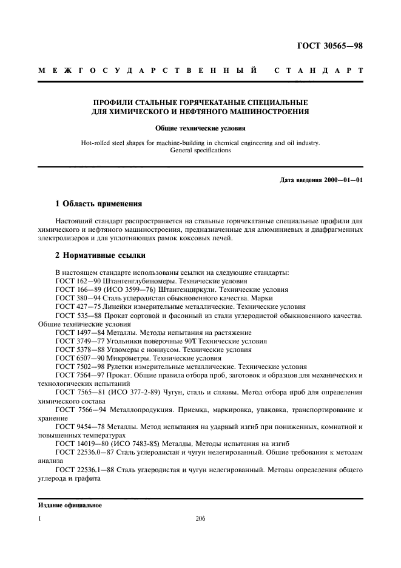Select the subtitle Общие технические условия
coord(200,129)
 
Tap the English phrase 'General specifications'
coord(201,150)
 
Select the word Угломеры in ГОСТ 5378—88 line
coord(118,350)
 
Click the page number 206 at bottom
coord(201,519)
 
